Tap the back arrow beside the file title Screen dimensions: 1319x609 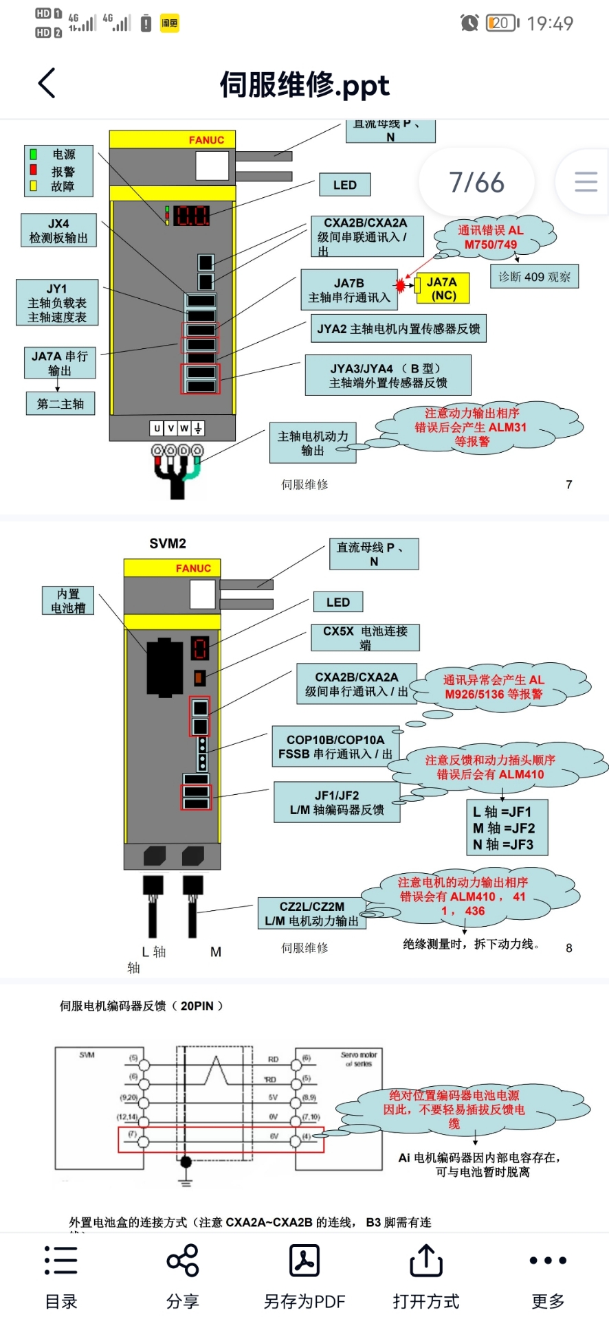[x=47, y=84]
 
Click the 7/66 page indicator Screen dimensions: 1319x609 [x=476, y=183]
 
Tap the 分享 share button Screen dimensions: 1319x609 [x=182, y=1275]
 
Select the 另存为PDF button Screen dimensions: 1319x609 [x=304, y=1275]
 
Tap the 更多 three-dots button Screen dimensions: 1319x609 [x=548, y=1275]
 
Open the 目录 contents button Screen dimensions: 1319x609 [x=61, y=1275]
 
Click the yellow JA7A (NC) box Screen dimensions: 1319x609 [x=443, y=289]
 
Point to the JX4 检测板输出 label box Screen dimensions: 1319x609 [x=58, y=231]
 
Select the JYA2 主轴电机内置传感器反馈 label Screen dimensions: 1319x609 [x=398, y=329]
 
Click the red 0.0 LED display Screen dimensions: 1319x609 [x=191, y=216]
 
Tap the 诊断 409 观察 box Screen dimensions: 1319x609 [x=534, y=277]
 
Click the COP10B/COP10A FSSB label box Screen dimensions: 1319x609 [x=335, y=747]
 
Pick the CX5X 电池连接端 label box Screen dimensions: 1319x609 [x=365, y=638]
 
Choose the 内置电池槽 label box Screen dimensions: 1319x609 [x=68, y=600]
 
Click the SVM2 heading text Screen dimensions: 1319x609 [x=168, y=543]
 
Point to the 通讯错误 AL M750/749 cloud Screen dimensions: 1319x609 [x=490, y=238]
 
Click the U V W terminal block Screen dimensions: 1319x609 [x=177, y=429]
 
